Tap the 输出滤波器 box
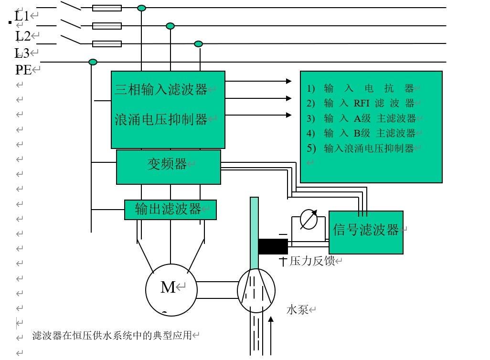[170, 210]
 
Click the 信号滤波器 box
[366, 232]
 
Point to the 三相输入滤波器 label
[161, 89]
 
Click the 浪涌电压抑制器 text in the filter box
[161, 119]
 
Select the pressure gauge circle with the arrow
[309, 220]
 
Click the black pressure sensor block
[273, 246]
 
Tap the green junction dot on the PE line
[93, 62]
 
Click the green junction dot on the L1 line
[141, 8]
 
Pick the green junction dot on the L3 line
[198, 44]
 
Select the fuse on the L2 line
[107, 26]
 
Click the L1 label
[22, 16]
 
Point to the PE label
[23, 70]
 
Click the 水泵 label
[297, 310]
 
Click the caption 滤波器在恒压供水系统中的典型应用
[112, 336]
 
